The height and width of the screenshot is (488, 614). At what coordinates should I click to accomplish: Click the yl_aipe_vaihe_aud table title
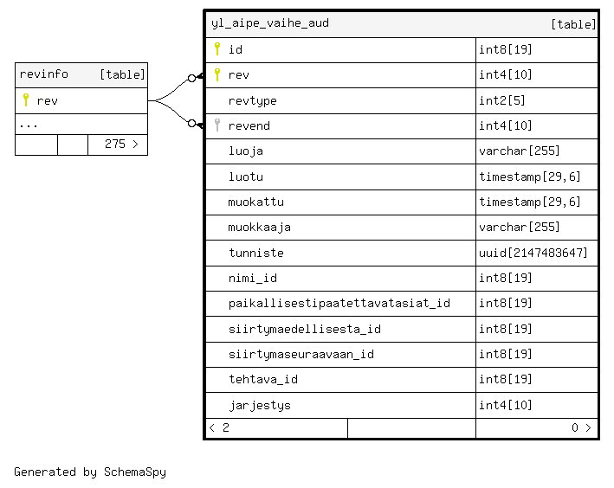[x=270, y=23]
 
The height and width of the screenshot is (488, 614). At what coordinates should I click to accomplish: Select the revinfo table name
[x=44, y=74]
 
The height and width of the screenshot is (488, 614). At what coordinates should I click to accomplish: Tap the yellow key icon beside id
[x=217, y=49]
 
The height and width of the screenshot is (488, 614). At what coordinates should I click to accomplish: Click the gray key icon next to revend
[x=217, y=125]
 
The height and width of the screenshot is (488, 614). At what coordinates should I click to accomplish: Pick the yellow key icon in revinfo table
[x=26, y=100]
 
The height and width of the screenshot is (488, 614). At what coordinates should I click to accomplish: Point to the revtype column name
[x=252, y=101]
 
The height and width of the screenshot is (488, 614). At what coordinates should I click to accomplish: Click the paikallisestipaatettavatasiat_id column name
[x=339, y=304]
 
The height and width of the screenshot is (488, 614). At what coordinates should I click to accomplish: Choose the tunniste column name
[x=256, y=253]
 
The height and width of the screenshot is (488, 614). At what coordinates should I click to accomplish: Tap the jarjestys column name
[x=260, y=405]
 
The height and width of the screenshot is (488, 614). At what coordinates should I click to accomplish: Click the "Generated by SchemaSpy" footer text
[x=90, y=472]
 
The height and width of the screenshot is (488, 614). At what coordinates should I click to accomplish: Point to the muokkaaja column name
[x=259, y=228]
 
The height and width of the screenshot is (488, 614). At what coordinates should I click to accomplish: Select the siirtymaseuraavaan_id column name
[x=301, y=354]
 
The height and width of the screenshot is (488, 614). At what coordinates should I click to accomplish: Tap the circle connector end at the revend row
[x=192, y=124]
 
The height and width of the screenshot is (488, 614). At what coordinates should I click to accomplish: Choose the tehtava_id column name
[x=263, y=379]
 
